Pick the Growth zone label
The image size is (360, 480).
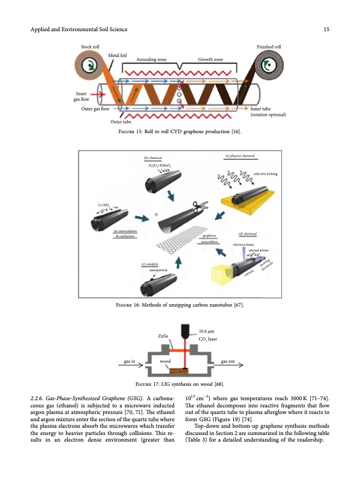point(210,60)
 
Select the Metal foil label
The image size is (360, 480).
point(117,55)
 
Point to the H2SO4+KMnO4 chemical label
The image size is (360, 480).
point(158,165)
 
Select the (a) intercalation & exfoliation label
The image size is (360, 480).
point(125,234)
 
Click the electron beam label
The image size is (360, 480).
point(244,245)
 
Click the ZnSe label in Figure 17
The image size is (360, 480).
point(163,335)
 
